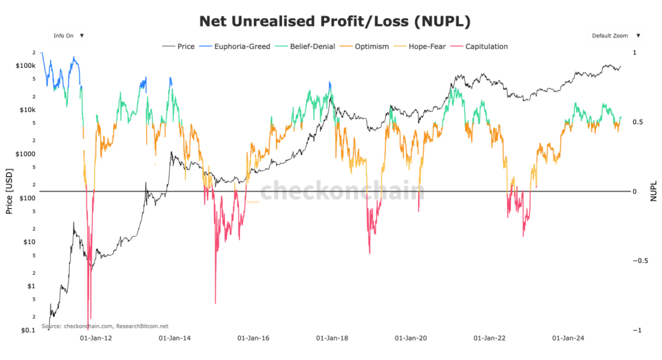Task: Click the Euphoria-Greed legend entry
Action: (x=233, y=47)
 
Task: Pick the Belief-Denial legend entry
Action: (x=304, y=47)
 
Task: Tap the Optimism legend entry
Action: (x=365, y=47)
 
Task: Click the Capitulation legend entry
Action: (x=486, y=47)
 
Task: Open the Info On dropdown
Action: (x=69, y=36)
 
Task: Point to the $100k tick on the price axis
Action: (x=25, y=66)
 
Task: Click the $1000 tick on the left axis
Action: (x=25, y=154)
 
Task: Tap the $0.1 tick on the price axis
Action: (x=27, y=330)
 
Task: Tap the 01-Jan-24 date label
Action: (x=568, y=338)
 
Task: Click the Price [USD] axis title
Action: (x=8, y=192)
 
